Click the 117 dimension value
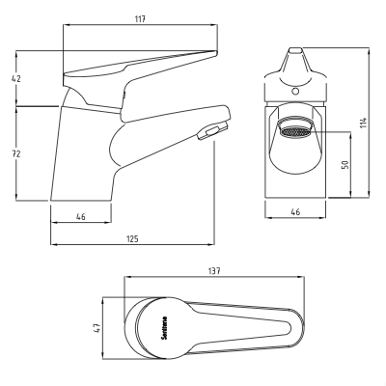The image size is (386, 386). pyautogui.click(x=140, y=18)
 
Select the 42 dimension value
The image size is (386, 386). pyautogui.click(x=16, y=78)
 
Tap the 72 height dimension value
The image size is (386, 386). pyautogui.click(x=16, y=153)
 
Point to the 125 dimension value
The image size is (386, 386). pyautogui.click(x=132, y=239)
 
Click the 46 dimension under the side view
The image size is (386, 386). pyautogui.click(x=81, y=217)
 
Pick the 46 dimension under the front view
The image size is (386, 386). pyautogui.click(x=295, y=212)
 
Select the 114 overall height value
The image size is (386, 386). pyautogui.click(x=363, y=123)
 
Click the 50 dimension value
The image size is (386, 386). pyautogui.click(x=345, y=165)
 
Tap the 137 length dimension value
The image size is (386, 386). pyautogui.click(x=214, y=271)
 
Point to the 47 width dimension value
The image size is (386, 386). pyautogui.click(x=97, y=328)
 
